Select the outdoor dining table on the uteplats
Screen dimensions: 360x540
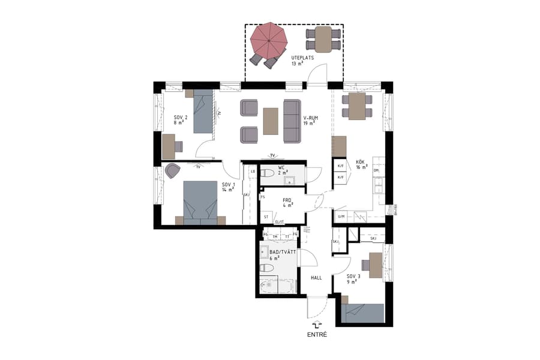pyautogui.click(x=323, y=39)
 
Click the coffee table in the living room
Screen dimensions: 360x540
pyautogui.click(x=271, y=121)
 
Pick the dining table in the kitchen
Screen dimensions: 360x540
pyautogui.click(x=357, y=107)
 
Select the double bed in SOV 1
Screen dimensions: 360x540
pyautogui.click(x=200, y=202)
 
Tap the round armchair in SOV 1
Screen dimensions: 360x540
pyautogui.click(x=172, y=171)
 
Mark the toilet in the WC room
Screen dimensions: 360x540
pyautogui.click(x=268, y=174)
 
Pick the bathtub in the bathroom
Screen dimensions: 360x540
pyautogui.click(x=278, y=286)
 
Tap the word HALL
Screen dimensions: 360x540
pyautogui.click(x=316, y=278)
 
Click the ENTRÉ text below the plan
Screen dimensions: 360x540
pyautogui.click(x=317, y=334)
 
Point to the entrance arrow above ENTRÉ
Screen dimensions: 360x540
pyautogui.click(x=317, y=323)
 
